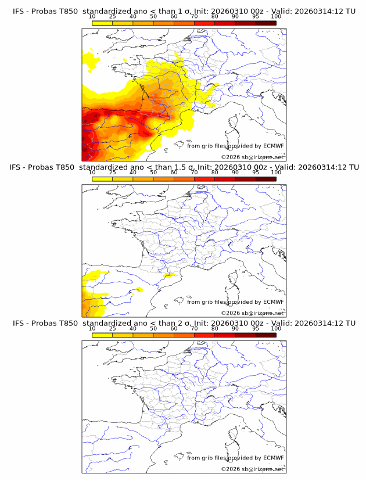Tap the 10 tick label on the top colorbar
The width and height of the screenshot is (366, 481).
[x=92, y=17]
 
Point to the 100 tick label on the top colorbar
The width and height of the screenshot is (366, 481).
[x=276, y=17]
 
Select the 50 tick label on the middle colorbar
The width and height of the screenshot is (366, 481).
[x=153, y=173]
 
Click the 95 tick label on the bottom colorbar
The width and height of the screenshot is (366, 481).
[x=256, y=328]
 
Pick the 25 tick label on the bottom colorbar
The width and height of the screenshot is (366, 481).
[x=112, y=328]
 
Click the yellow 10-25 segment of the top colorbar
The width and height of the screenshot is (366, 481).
[x=102, y=23]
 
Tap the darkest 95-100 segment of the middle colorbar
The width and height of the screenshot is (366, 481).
[x=265, y=179]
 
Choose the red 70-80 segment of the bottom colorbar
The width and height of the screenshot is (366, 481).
[x=204, y=335]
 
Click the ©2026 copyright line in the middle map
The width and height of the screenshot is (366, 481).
[x=252, y=313]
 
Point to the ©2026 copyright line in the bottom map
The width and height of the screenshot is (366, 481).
[x=252, y=468]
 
